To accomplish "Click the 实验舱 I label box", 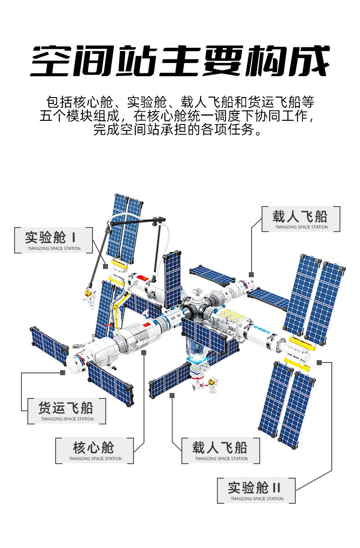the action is coord(53,240).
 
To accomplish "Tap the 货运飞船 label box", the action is coord(67,411).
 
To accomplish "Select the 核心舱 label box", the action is coord(94,450).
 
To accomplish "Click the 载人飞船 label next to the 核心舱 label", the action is coord(221,450).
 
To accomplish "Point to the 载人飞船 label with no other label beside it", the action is coord(301,219).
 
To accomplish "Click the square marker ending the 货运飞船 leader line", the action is coord(62,372).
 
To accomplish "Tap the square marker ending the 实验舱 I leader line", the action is coord(105,265).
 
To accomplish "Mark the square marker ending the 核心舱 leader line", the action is coord(144,352).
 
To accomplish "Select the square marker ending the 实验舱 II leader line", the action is coord(319,362).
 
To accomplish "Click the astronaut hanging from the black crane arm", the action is coord(88,295).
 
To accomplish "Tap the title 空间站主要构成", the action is coord(180,62).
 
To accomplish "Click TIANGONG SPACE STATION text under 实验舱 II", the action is coord(257,499).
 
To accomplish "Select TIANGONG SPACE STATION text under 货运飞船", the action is coord(67,419).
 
